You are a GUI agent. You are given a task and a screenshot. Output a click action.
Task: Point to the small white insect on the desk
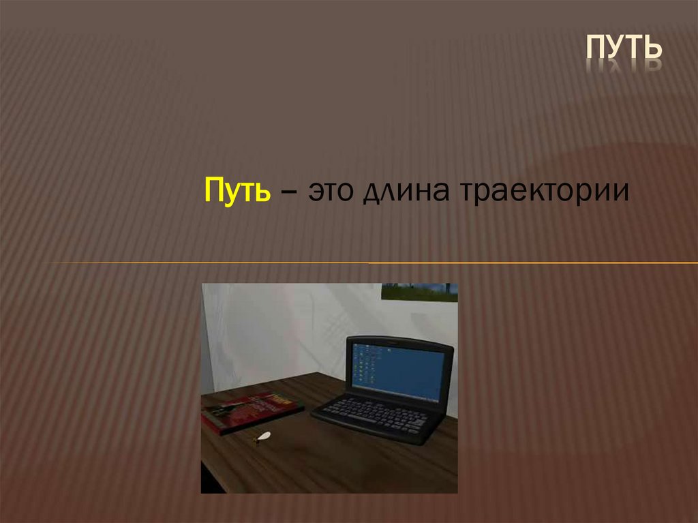point(262,437)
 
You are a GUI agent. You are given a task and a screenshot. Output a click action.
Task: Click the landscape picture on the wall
point(419,292)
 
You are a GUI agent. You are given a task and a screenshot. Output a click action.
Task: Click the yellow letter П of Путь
point(212,190)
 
